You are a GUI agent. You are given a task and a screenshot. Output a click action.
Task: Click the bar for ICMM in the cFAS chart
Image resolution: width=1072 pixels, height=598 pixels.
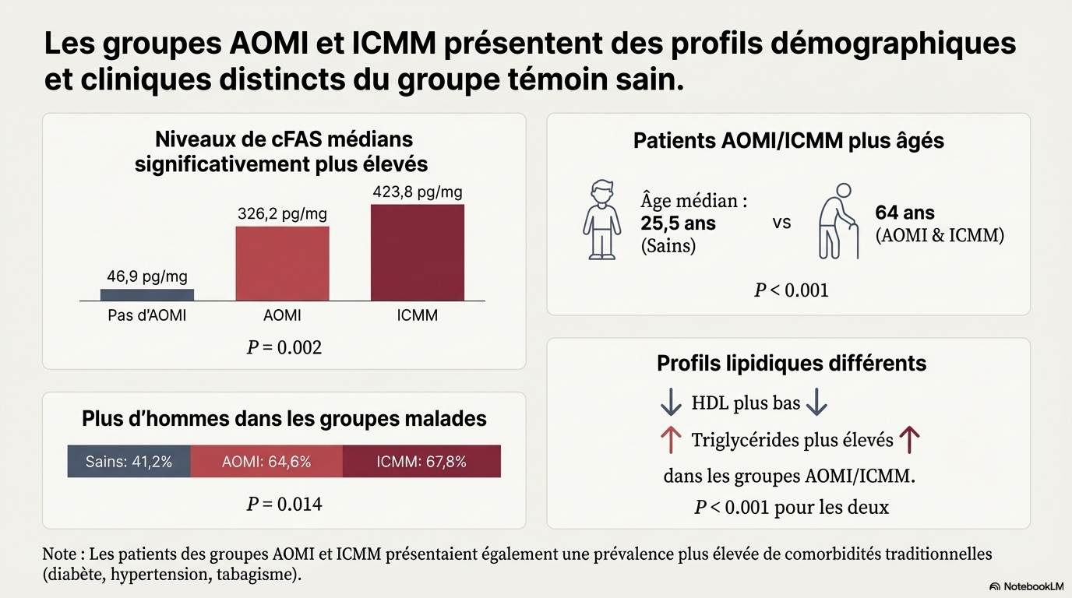(417, 252)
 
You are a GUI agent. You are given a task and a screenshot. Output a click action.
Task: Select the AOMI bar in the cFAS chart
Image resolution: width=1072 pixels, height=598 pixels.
(282, 263)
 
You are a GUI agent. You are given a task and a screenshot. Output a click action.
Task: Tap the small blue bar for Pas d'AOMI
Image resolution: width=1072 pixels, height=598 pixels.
(147, 294)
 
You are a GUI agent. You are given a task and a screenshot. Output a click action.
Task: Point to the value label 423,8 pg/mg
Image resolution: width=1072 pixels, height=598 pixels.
(418, 192)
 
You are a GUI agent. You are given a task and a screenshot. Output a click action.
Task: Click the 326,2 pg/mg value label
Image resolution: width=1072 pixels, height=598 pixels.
(282, 213)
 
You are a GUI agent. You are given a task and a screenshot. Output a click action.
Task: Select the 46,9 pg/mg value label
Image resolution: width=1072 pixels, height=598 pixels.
(147, 276)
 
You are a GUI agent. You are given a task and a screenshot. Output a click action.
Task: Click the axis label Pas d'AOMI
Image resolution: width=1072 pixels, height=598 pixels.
(147, 315)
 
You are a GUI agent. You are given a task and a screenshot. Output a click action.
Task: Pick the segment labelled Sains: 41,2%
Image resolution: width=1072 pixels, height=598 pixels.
(129, 461)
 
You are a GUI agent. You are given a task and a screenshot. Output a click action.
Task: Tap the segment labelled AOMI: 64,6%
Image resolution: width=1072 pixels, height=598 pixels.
(266, 461)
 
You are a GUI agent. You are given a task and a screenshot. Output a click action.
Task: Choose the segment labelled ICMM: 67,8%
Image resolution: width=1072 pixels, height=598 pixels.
(421, 461)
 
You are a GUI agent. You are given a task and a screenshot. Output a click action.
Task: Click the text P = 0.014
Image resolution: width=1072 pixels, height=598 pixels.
(284, 504)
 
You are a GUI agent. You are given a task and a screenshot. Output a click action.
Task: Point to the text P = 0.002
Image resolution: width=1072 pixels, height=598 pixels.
(284, 347)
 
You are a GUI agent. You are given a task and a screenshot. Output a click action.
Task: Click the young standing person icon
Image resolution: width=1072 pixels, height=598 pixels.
(601, 220)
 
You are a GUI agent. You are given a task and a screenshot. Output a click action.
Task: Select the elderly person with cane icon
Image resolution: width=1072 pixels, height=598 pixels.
(838, 220)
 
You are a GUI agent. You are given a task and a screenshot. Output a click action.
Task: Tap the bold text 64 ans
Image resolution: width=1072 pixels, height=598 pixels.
(905, 213)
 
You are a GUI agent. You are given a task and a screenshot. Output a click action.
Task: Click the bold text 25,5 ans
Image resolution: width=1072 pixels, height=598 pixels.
(678, 223)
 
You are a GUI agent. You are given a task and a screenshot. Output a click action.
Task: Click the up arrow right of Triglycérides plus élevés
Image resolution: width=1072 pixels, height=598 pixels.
(909, 441)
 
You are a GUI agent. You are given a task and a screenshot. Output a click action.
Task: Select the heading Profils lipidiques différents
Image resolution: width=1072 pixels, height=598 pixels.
(792, 363)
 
